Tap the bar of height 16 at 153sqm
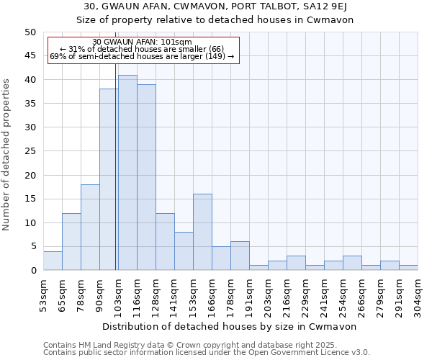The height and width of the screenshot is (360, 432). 202,233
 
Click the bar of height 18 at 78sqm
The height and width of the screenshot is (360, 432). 90,228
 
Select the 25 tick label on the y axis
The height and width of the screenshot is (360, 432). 30,151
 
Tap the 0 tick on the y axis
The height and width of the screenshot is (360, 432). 32,271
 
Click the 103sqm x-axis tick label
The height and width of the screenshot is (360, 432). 119,291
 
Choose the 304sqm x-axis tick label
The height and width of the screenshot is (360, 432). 418,291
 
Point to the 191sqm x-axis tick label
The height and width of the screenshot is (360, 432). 249,291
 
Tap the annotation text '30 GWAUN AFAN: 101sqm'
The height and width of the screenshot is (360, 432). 143,42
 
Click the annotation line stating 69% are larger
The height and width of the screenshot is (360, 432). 143,57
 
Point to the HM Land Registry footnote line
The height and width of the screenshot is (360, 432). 205,345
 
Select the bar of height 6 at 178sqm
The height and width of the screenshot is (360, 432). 240,256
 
